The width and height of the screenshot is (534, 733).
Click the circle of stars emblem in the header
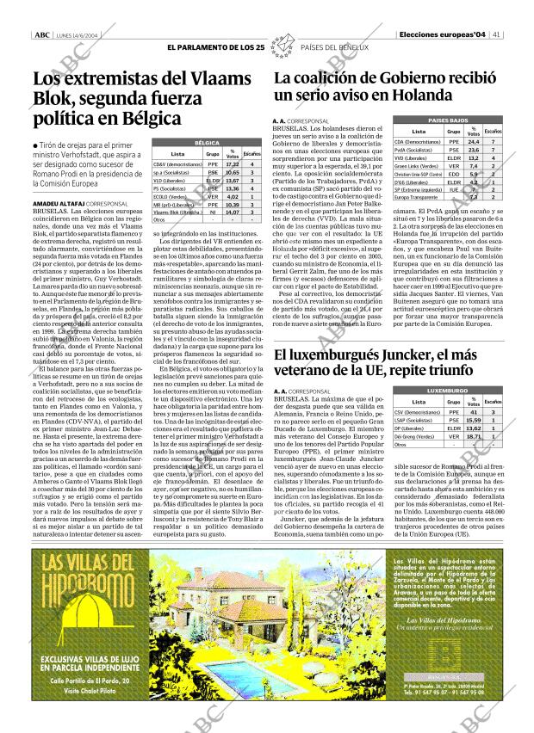[281, 47]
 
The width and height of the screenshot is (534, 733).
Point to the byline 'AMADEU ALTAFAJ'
[58, 203]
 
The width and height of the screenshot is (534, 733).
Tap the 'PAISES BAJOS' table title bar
[448, 121]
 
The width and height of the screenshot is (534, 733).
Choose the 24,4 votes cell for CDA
[473, 141]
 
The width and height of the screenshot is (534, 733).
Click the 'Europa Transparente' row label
[416, 197]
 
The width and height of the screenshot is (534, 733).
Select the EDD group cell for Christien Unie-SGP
[454, 174]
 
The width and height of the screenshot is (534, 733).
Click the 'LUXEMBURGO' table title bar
[448, 391]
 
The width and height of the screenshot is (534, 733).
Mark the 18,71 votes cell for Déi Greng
[473, 436]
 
